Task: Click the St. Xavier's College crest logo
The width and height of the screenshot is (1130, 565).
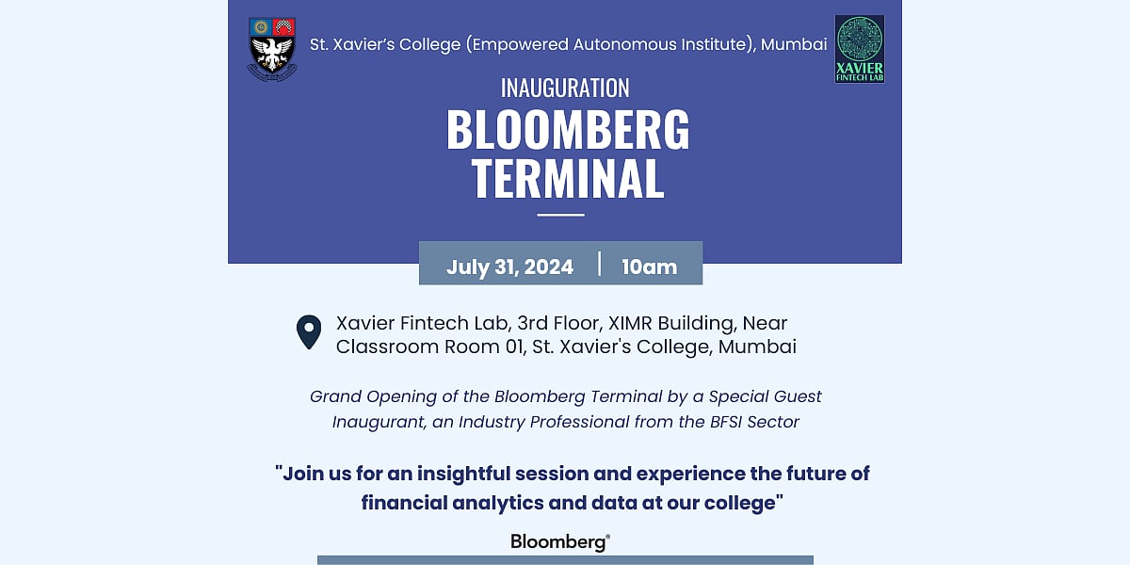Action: [x=272, y=49]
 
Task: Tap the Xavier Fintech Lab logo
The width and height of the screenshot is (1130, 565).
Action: [x=860, y=49]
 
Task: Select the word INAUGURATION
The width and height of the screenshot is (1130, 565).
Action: [x=565, y=88]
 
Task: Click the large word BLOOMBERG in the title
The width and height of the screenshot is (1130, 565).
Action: [x=568, y=130]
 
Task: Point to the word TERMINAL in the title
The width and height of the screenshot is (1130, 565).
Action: [x=568, y=178]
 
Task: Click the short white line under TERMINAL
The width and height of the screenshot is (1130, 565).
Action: [x=560, y=215]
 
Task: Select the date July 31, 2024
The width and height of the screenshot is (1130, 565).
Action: [x=509, y=266]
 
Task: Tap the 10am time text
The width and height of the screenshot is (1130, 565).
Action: [x=649, y=266]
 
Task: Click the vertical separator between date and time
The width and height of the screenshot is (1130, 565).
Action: [x=599, y=264]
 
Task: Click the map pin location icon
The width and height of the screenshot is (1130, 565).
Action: [x=309, y=331]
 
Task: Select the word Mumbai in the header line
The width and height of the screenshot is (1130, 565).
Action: [x=794, y=44]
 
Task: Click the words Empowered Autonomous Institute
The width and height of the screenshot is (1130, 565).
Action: [x=610, y=45]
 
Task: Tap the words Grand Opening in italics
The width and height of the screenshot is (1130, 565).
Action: [x=373, y=397]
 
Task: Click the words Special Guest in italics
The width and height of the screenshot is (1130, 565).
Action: [x=766, y=397]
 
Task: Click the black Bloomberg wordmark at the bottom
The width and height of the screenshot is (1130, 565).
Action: [x=560, y=542]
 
